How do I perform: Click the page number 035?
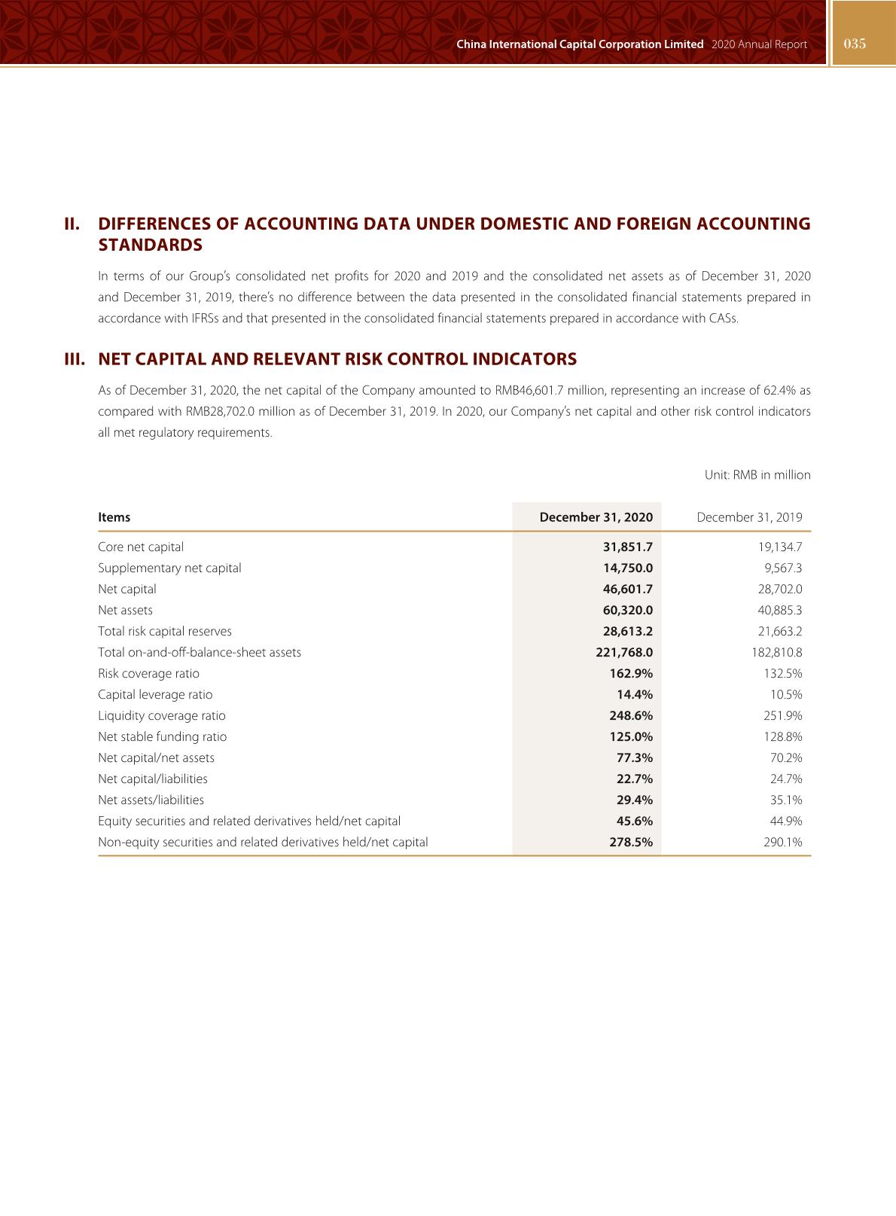[x=855, y=44]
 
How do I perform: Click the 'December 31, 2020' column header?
[x=596, y=517]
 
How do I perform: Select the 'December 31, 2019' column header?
[x=749, y=517]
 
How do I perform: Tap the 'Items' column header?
[x=114, y=517]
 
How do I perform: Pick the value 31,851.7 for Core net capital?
[x=627, y=547]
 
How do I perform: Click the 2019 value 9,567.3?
[x=783, y=568]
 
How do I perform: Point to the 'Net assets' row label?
[x=125, y=611]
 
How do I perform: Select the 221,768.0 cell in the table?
[x=623, y=653]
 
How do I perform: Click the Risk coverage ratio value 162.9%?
[x=631, y=674]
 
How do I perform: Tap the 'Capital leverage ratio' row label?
[x=155, y=695]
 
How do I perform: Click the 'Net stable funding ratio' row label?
[x=162, y=737]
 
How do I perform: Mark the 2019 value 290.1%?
[x=783, y=843]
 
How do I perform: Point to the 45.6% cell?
[x=634, y=821]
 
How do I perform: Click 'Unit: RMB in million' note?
[x=757, y=475]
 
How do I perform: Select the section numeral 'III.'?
[x=75, y=359]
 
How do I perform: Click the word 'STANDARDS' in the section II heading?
[x=151, y=245]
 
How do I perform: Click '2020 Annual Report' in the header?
[x=759, y=44]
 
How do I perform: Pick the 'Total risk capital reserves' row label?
[x=165, y=632]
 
